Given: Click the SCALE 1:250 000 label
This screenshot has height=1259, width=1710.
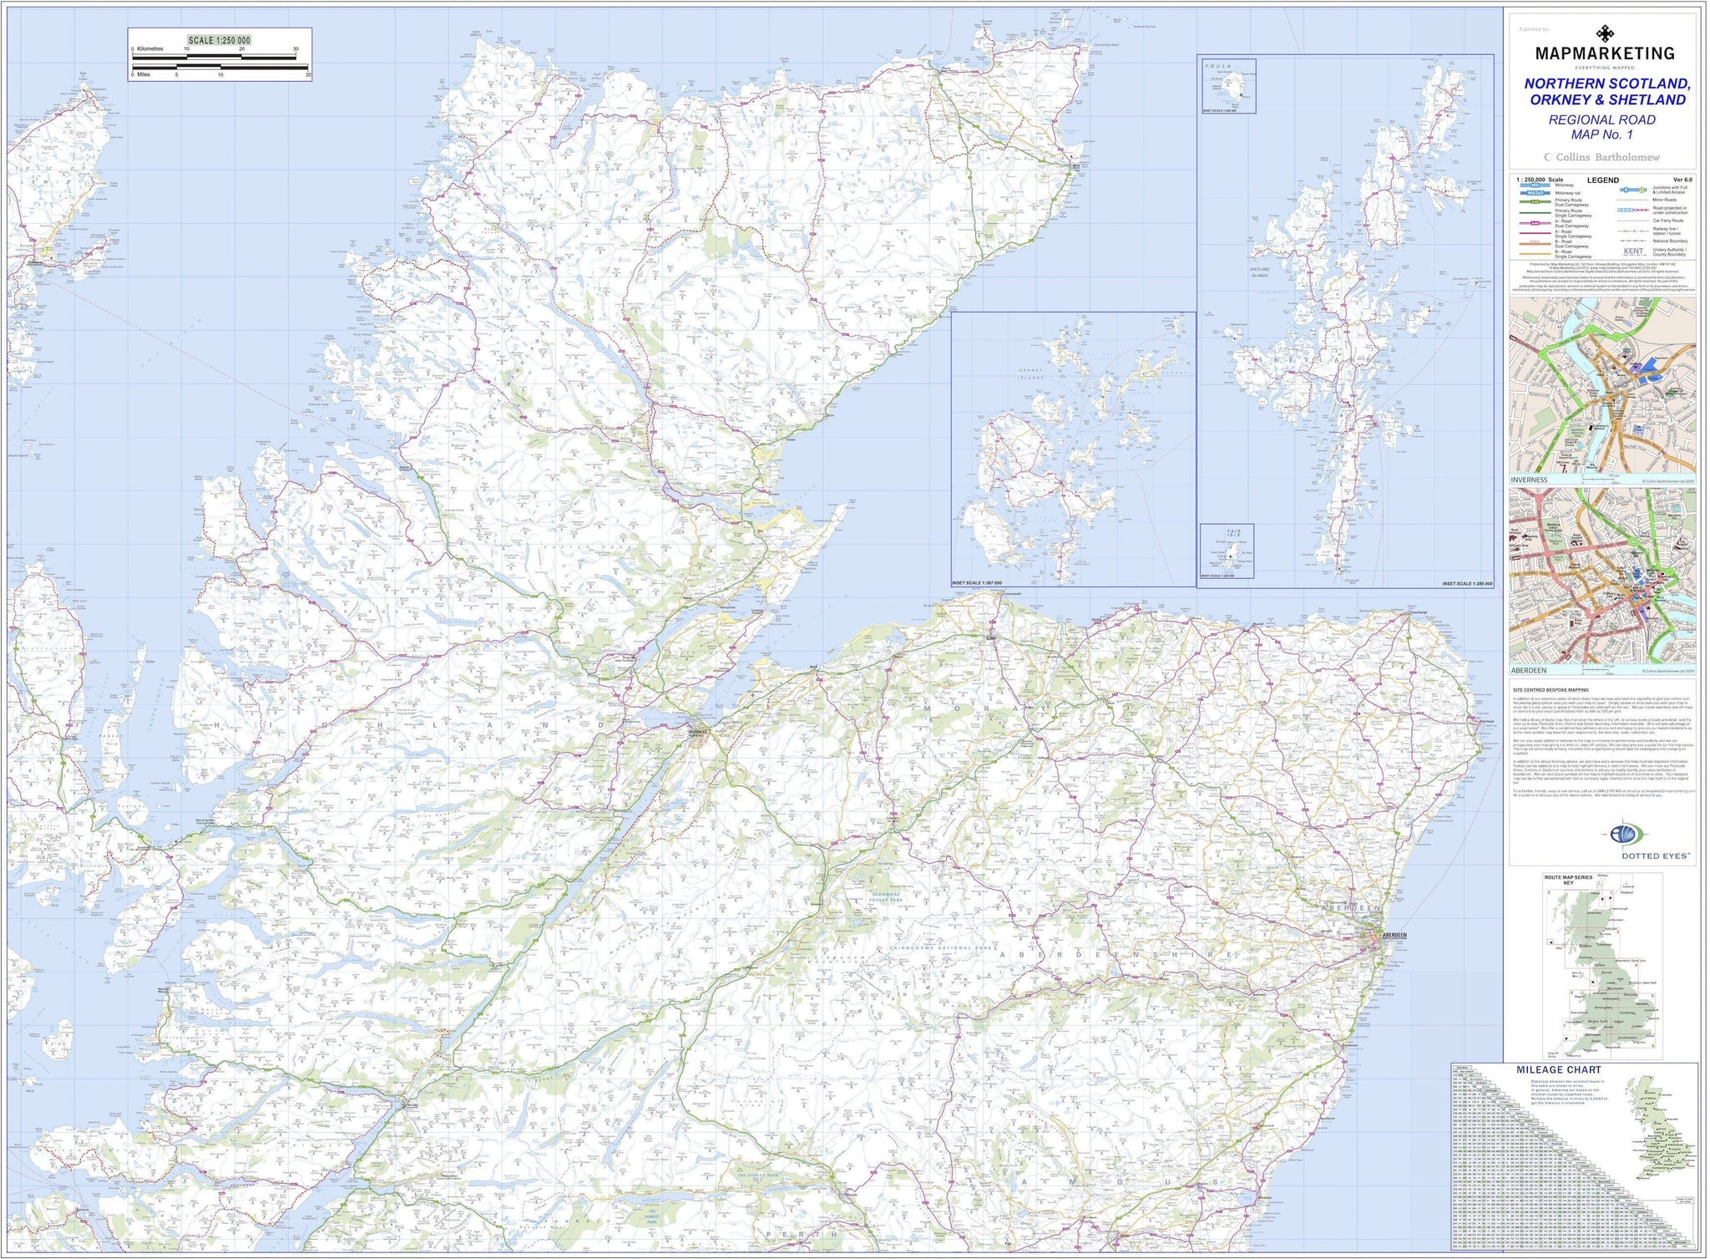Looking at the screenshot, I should point(219,40).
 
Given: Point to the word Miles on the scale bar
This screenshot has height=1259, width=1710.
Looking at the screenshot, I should point(144,75).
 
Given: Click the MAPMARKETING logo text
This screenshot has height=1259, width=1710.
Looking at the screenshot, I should point(1604,53).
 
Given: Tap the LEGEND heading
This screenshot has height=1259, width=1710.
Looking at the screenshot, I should point(1602,180).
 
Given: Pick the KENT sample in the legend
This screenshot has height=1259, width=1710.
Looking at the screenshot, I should point(1633,251).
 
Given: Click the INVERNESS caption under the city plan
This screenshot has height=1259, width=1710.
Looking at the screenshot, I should point(1529,480).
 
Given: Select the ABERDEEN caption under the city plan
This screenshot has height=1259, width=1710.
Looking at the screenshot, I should point(1529,670).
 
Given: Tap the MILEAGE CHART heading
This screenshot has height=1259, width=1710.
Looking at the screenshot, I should point(1559,1069).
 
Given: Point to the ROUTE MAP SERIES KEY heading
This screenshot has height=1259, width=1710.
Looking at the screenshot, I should point(1568,880).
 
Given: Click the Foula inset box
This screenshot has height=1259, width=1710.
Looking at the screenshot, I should point(1228,86).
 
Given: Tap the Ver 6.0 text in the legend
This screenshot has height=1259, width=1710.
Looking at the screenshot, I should point(1682,180).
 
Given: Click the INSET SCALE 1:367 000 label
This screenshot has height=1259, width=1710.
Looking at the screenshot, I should point(977,583).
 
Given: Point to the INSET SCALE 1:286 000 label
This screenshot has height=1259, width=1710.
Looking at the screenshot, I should point(1466,584).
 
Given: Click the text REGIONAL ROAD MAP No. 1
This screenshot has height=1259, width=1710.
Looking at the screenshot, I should point(1601,127).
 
